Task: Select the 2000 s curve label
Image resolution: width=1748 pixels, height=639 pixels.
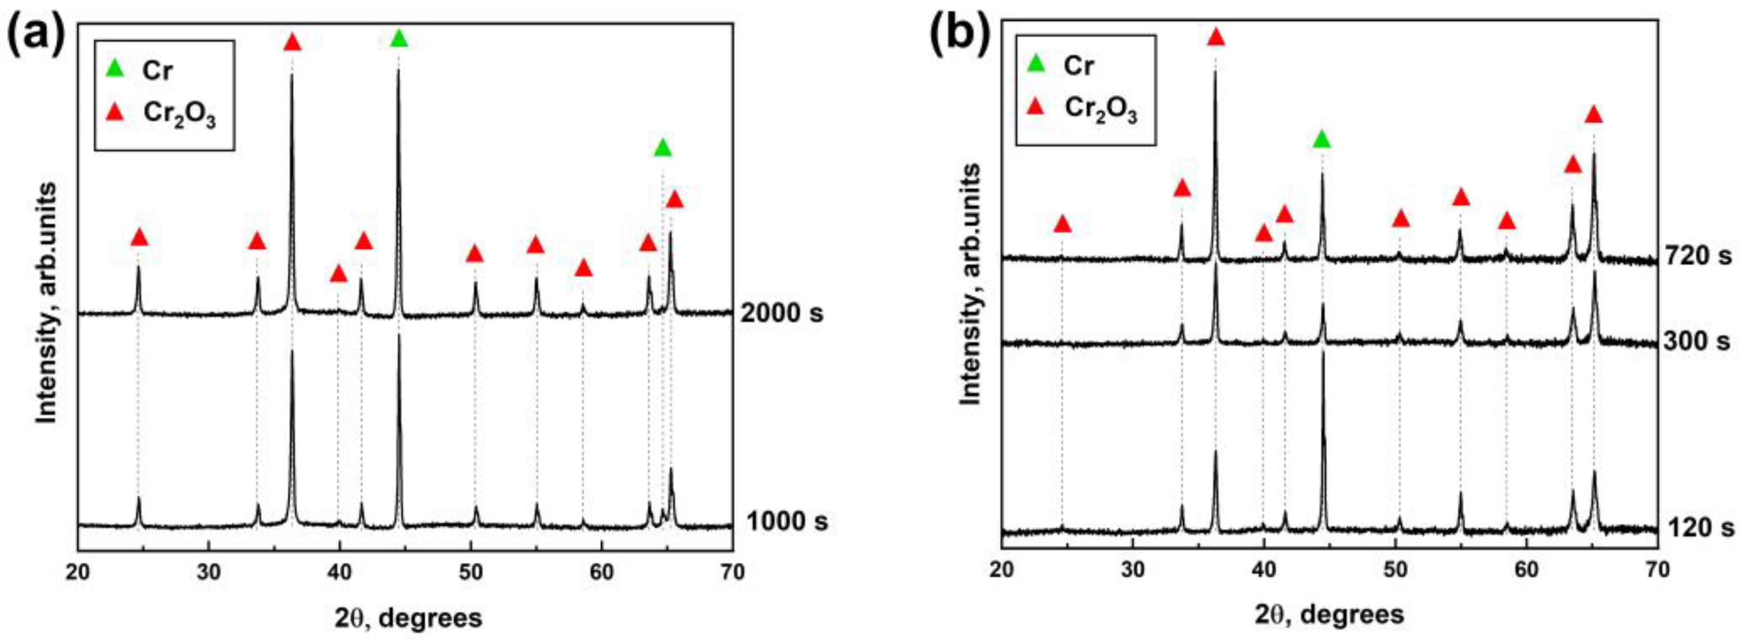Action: point(782,313)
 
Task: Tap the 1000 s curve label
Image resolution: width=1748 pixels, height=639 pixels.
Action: point(787,522)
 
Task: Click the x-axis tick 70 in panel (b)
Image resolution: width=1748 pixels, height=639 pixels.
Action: point(1657,569)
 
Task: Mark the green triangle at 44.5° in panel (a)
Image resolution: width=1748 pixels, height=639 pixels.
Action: point(399,39)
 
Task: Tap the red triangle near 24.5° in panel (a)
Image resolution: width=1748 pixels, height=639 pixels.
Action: point(139,238)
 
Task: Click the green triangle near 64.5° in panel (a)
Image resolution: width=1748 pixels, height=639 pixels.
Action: point(663,147)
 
